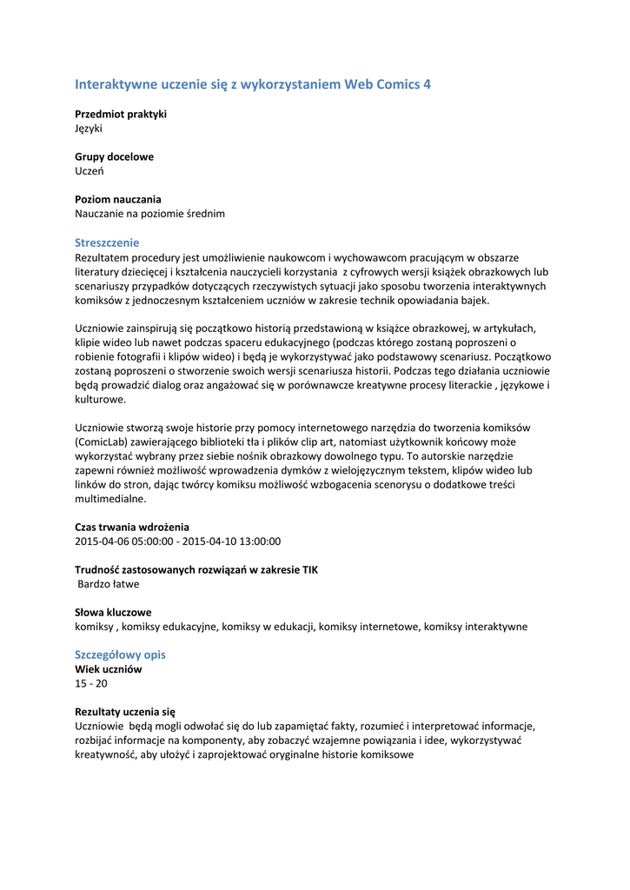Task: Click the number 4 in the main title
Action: (x=426, y=84)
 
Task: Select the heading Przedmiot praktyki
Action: (x=121, y=114)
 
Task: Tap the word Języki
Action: (x=89, y=129)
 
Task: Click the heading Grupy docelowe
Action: (x=114, y=157)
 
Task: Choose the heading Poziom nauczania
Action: (x=118, y=199)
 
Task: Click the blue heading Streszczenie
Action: (x=107, y=242)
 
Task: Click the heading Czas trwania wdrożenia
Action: (x=132, y=527)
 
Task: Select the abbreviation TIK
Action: (x=310, y=569)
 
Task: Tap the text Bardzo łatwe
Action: (x=109, y=584)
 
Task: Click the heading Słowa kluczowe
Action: (x=113, y=612)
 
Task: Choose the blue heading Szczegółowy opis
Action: (x=120, y=654)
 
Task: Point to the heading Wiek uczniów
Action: (x=109, y=669)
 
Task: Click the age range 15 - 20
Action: (x=91, y=683)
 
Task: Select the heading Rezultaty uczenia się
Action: (x=125, y=711)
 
